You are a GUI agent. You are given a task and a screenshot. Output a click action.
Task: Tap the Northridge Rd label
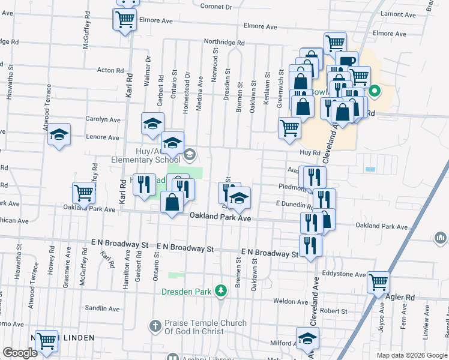tap(224, 43)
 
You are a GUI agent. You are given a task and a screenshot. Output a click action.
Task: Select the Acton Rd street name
tap(110, 70)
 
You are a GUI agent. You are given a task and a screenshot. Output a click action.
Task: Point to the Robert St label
tap(334, 311)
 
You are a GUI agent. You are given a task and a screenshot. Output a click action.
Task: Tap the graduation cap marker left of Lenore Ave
tap(59, 134)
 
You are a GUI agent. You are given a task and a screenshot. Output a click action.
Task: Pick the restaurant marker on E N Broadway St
tap(310, 244)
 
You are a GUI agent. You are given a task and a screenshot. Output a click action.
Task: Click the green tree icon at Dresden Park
tap(221, 290)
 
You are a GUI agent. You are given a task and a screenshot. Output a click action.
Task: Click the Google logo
tap(20, 353)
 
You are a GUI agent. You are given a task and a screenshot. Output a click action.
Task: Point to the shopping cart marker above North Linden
tap(46, 340)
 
